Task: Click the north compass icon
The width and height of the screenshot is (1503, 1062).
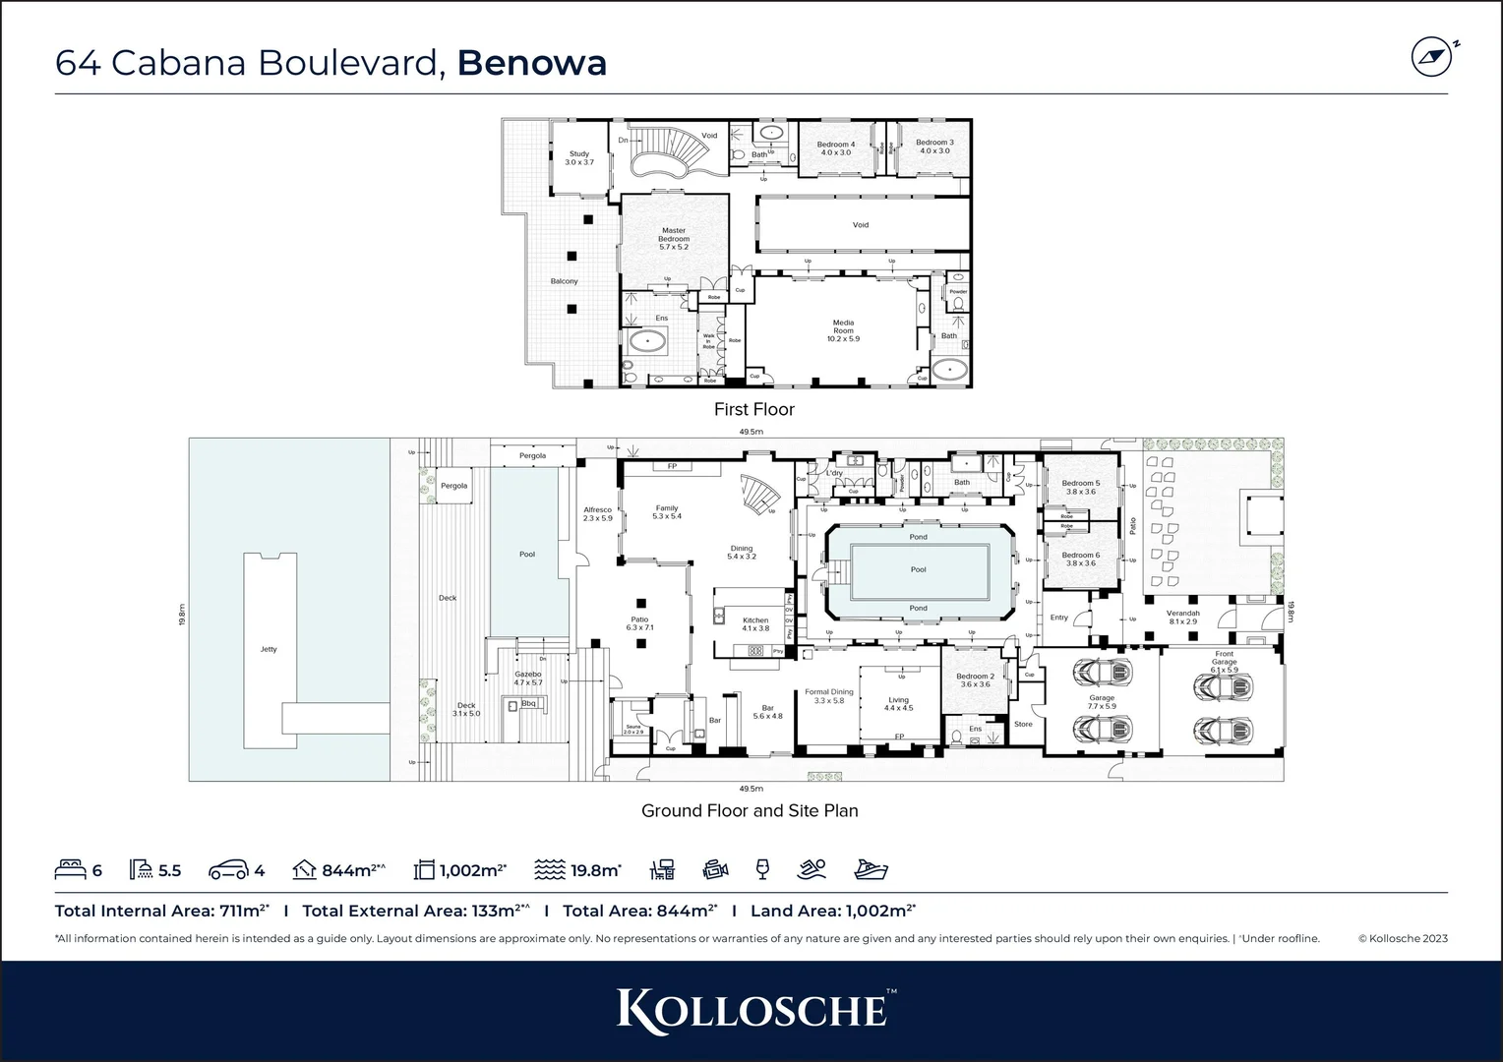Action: tap(1431, 57)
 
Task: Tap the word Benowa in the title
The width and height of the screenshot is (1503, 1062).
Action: tap(532, 62)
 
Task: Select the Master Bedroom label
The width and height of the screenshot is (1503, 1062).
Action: tap(674, 239)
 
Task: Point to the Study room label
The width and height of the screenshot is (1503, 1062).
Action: tap(579, 157)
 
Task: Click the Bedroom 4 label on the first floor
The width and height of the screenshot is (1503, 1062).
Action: tap(836, 148)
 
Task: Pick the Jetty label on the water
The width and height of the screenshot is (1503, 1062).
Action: tap(269, 649)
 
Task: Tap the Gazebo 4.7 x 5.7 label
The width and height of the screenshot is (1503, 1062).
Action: tap(528, 678)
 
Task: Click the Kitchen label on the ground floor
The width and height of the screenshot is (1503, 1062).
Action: tap(755, 624)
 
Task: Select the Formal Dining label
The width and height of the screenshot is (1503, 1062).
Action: tap(829, 696)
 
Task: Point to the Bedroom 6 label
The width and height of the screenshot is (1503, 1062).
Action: tap(1081, 560)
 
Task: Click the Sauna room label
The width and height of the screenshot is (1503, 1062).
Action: tap(632, 729)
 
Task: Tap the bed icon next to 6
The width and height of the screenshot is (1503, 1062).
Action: tap(70, 870)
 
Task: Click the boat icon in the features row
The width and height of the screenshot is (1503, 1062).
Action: tap(872, 869)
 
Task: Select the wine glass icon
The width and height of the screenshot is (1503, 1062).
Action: tap(761, 869)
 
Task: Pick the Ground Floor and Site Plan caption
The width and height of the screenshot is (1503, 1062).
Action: tap(750, 811)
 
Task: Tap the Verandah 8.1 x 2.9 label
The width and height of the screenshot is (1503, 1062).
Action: tap(1183, 617)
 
